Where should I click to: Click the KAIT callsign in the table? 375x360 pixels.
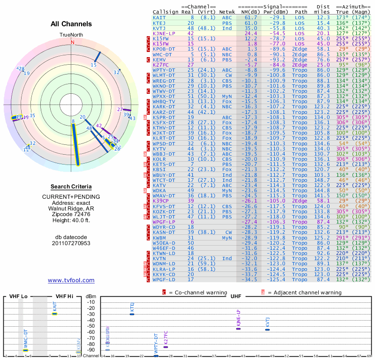click(x=159, y=17)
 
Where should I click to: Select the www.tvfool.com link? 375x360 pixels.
click(x=71, y=280)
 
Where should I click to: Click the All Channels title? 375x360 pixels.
click(x=71, y=24)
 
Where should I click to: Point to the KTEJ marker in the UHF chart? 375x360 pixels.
click(x=132, y=314)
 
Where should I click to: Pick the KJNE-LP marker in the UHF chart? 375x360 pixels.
click(x=238, y=329)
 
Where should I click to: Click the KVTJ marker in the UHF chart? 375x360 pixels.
click(x=267, y=330)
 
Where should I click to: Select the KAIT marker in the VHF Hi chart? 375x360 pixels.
click(x=55, y=314)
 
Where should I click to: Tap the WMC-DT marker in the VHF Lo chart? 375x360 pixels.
click(x=26, y=350)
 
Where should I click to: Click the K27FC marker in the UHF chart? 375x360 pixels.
click(x=165, y=347)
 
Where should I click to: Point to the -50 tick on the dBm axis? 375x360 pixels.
click(x=91, y=326)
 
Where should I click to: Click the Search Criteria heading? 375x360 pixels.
click(x=71, y=187)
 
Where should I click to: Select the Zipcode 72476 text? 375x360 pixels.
click(x=71, y=213)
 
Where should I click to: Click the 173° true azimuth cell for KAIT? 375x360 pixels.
click(x=342, y=17)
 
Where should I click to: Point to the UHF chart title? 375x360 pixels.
click(x=236, y=297)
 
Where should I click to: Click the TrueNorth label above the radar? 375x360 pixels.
click(x=71, y=35)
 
